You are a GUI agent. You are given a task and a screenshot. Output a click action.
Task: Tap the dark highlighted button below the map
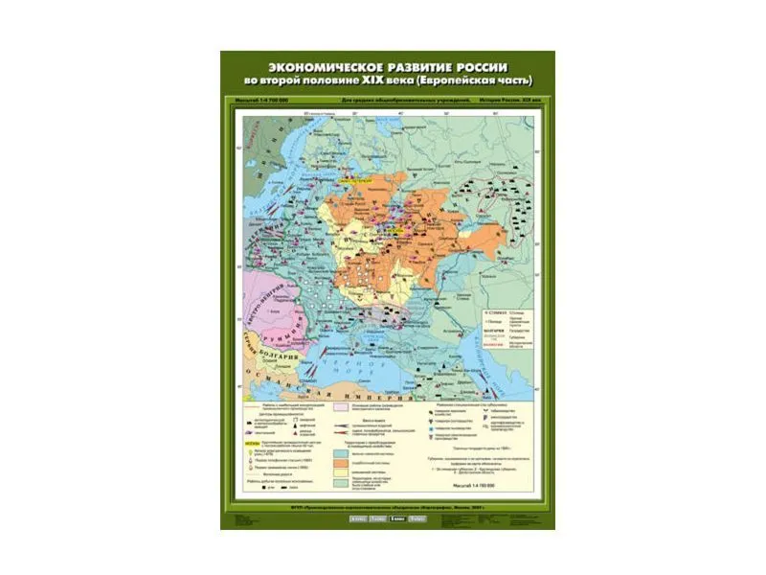coord(394,518)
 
